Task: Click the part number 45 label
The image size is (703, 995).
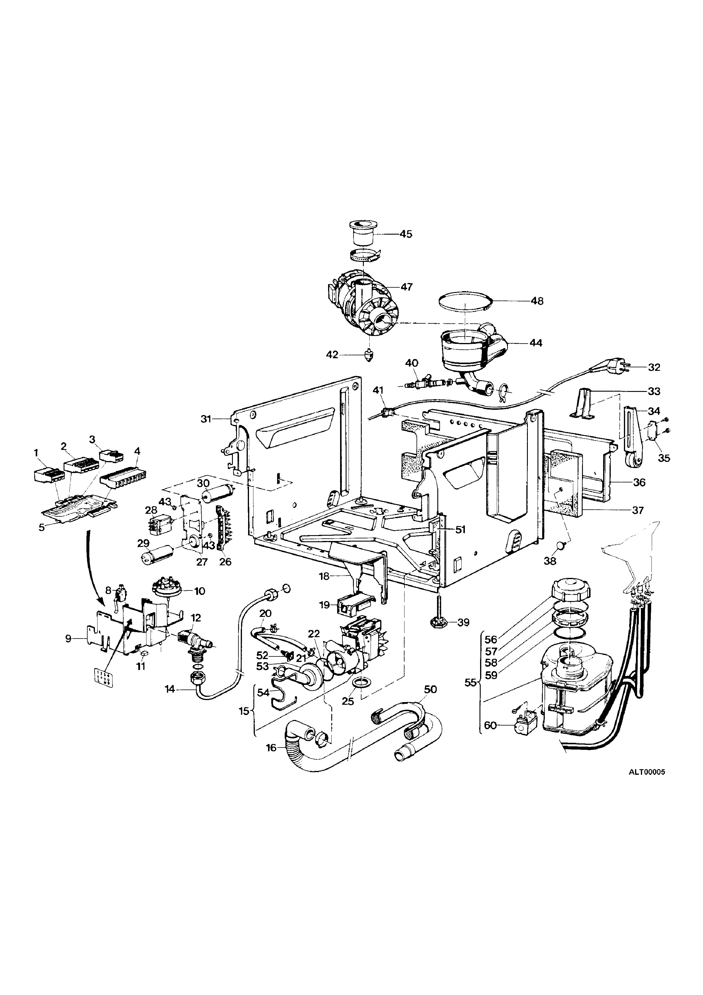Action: click(x=406, y=234)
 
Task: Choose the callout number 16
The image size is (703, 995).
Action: click(x=271, y=748)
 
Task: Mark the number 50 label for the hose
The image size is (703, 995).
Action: click(x=430, y=689)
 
